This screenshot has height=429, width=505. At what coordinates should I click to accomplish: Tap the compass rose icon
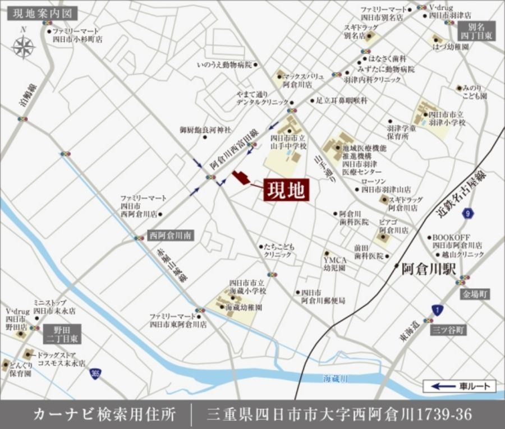[x=23, y=47]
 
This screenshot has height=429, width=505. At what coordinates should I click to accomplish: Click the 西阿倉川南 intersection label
[x=171, y=236]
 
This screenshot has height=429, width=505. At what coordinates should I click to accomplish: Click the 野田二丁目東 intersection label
[x=62, y=334]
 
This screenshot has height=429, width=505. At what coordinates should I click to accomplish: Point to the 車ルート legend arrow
[x=443, y=386]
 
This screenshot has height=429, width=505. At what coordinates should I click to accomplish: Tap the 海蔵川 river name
[x=336, y=377]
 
